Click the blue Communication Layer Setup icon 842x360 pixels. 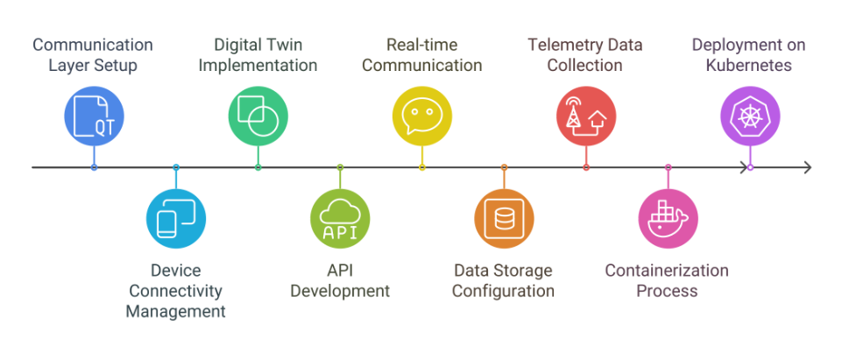click(94, 116)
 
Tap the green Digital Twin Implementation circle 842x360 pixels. click(258, 116)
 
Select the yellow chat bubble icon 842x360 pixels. click(422, 116)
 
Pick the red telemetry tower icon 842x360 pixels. click(586, 116)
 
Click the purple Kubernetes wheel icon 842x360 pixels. click(750, 116)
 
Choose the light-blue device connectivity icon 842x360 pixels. click(176, 219)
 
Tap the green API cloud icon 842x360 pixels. click(340, 219)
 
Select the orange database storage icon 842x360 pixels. click(504, 219)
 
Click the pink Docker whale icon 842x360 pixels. click(668, 219)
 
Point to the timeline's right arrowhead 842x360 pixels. click(807, 167)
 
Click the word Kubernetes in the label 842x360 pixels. click(749, 66)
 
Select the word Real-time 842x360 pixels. click(422, 45)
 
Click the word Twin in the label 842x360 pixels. click(288, 45)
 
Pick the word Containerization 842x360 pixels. click(667, 270)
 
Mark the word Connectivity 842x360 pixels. click(175, 291)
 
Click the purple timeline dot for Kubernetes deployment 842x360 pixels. click(750, 167)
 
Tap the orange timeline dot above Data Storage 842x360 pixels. click(504, 167)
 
